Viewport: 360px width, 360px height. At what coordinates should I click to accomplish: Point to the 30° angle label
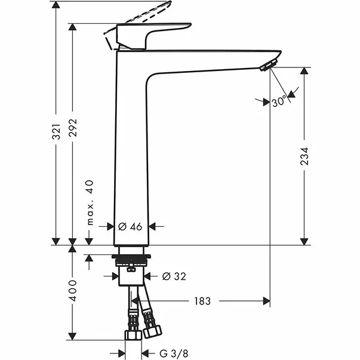(x=279, y=102)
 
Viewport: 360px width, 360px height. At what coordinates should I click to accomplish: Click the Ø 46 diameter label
(x=130, y=226)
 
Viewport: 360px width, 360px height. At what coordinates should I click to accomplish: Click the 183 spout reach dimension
(x=202, y=301)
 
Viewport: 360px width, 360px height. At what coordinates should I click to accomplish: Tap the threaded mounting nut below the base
(x=132, y=259)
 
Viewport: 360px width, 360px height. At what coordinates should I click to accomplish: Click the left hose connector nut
(x=131, y=334)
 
